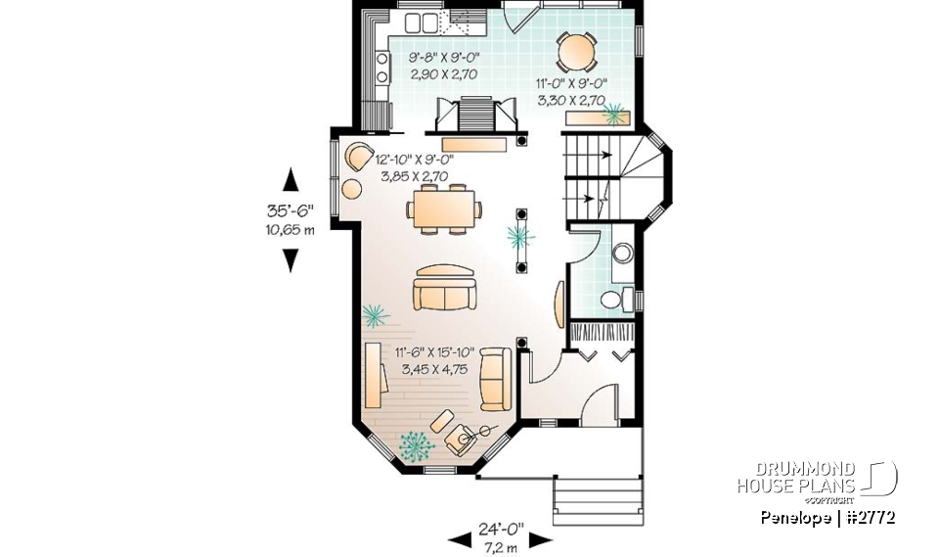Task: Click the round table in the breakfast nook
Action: tap(576, 50)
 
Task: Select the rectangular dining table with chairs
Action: tap(445, 209)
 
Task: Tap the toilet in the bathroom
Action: tap(615, 299)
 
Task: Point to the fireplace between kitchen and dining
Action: tap(478, 115)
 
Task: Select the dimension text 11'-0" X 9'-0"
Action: tap(572, 84)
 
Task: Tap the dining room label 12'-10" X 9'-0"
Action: tap(414, 160)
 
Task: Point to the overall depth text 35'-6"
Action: tap(291, 210)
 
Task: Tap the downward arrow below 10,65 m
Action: tap(291, 259)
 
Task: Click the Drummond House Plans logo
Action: tap(816, 479)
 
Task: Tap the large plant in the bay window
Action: tap(417, 446)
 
